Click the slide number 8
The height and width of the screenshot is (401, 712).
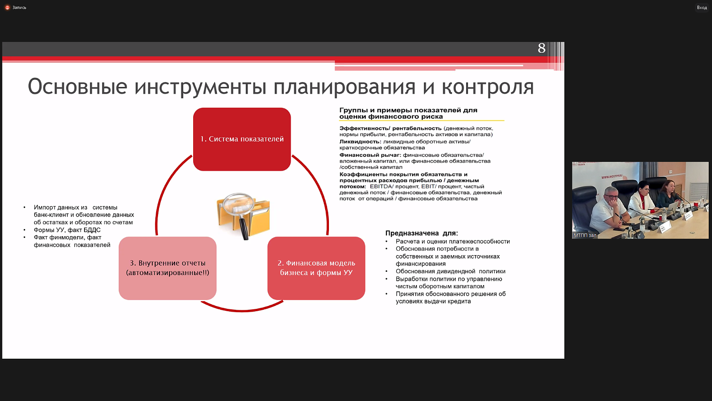click(x=542, y=48)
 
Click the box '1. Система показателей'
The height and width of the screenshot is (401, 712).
click(x=242, y=139)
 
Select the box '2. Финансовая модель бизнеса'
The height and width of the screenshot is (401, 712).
click(x=316, y=268)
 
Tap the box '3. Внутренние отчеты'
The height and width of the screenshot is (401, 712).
click(x=168, y=268)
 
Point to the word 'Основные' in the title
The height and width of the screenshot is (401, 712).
click(x=77, y=87)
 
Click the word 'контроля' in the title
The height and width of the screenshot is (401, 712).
click(x=487, y=87)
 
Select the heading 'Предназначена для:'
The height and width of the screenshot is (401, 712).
click(x=422, y=233)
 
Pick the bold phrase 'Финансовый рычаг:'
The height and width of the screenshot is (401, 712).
click(x=370, y=155)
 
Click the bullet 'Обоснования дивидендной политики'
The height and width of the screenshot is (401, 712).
click(x=450, y=271)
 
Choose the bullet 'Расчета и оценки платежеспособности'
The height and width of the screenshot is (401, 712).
click(x=452, y=241)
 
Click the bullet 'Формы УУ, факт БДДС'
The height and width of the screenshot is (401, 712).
click(x=67, y=230)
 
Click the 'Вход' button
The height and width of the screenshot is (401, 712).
click(x=702, y=8)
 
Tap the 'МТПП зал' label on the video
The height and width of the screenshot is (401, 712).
click(x=585, y=235)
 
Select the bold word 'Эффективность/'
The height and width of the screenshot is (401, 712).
click(x=365, y=128)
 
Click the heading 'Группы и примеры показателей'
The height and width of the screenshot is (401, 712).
click(x=408, y=110)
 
